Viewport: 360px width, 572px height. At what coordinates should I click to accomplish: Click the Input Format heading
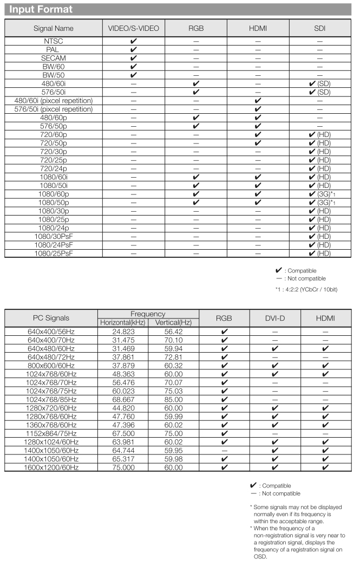click(x=41, y=9)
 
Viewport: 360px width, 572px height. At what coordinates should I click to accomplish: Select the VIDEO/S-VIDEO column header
click(x=133, y=28)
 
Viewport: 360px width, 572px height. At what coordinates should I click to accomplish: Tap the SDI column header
click(x=319, y=28)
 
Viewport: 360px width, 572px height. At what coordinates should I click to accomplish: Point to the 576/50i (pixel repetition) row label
click(x=53, y=109)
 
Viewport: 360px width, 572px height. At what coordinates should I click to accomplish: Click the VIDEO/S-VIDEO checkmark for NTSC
click(x=133, y=41)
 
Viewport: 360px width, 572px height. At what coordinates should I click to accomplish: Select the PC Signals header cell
click(x=51, y=318)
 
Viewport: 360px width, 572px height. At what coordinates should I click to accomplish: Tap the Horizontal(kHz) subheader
click(x=122, y=323)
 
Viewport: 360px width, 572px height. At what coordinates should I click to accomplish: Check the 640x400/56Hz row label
click(x=51, y=331)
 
